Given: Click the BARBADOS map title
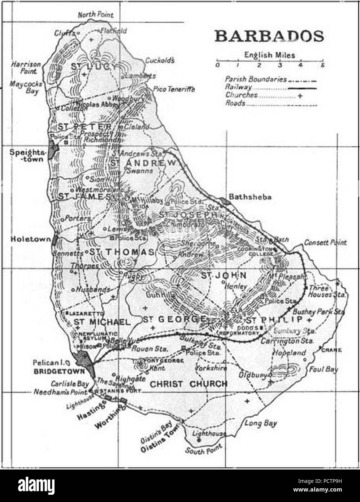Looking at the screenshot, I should pos(269,36).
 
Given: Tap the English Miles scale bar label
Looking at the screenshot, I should pos(269,55).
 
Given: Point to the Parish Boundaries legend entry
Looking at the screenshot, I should pos(256,79).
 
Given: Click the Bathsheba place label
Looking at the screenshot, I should pos(250,197).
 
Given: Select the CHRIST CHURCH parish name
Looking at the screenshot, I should pos(188,384).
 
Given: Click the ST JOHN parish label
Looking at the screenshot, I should pos(224,276).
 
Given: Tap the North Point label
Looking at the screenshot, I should pos(96,15).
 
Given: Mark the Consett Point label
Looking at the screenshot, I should pos(325,243).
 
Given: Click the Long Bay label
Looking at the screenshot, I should pos(261,423).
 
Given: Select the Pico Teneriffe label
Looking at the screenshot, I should pos(174,89).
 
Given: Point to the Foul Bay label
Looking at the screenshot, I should pos(324,369).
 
